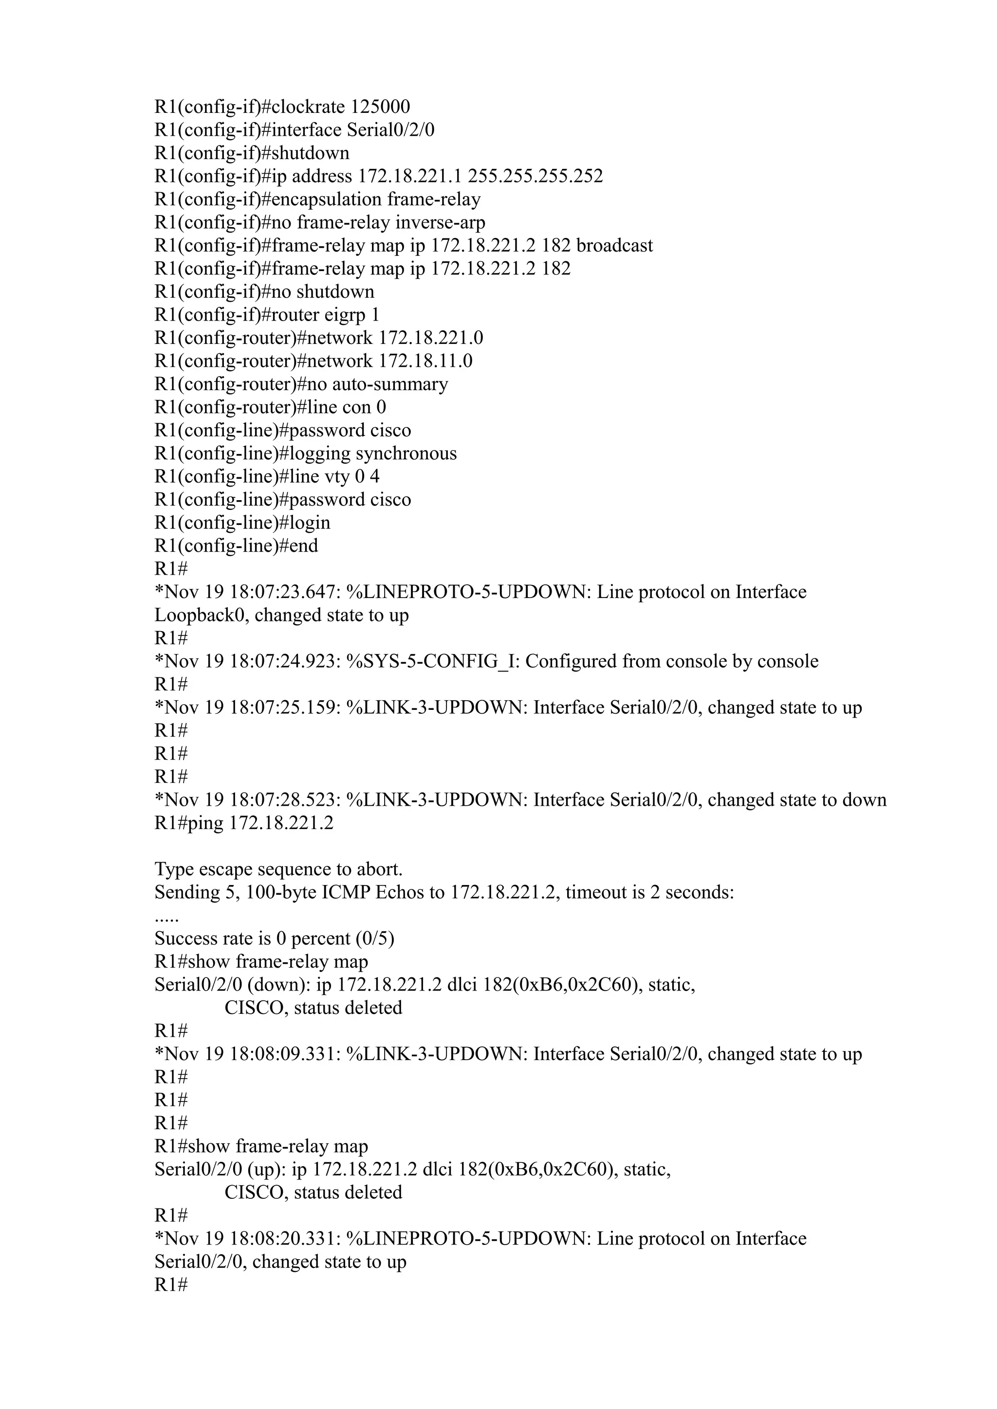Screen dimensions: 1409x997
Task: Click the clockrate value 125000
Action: (x=380, y=107)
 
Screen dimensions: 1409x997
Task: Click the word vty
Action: (x=336, y=476)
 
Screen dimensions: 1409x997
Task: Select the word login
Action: (x=310, y=523)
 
